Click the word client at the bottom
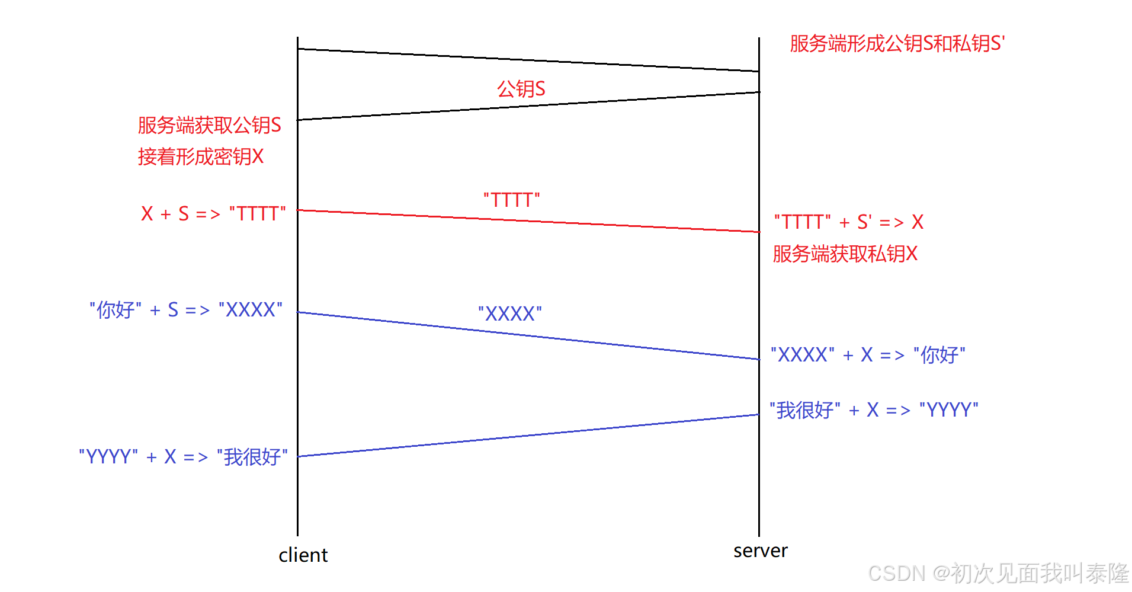303,555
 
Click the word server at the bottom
760,551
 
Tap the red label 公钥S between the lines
521,89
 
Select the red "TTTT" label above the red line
511,200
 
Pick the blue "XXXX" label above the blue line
509,313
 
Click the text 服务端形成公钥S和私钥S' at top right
897,43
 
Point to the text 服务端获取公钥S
209,125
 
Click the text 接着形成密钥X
200,156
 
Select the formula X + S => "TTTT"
213,213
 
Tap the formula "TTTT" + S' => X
848,222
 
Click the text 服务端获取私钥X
845,254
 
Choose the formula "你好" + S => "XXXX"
185,309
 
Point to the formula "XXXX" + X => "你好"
868,354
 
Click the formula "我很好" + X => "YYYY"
874,409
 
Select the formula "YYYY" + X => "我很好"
183,457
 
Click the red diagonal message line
528,221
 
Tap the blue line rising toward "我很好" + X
528,436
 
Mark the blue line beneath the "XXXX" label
528,335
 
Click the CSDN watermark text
998,573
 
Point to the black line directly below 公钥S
528,106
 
